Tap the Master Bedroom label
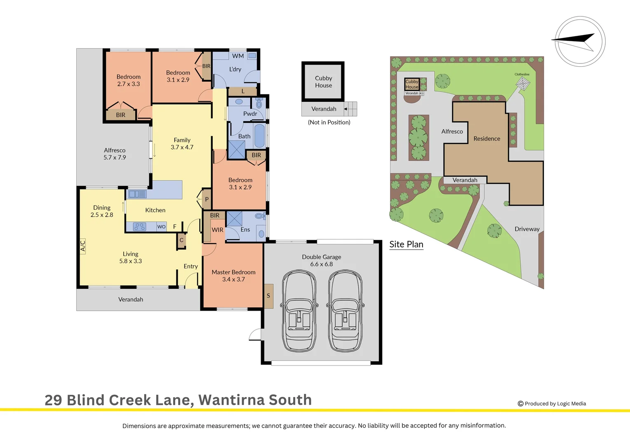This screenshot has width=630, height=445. pyautogui.click(x=233, y=272)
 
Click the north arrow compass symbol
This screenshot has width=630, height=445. pyautogui.click(x=580, y=41)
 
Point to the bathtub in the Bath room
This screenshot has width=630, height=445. pyautogui.click(x=259, y=136)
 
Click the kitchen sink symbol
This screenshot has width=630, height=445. pyautogui.click(x=137, y=194)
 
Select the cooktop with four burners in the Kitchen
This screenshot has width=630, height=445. pyautogui.click(x=140, y=227)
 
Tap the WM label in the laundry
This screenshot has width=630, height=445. pyautogui.click(x=238, y=56)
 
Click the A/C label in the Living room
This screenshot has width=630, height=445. pyautogui.click(x=82, y=246)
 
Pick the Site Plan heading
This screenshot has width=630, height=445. pyautogui.click(x=406, y=244)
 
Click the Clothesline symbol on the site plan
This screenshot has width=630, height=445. pyautogui.click(x=522, y=84)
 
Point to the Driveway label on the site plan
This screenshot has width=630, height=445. pyautogui.click(x=527, y=229)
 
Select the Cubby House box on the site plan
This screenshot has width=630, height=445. pyautogui.click(x=411, y=84)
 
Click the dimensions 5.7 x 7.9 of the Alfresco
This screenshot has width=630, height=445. pyautogui.click(x=115, y=157)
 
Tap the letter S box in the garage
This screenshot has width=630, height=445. pyautogui.click(x=268, y=296)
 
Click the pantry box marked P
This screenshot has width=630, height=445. pyautogui.click(x=207, y=199)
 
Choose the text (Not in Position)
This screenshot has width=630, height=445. pyautogui.click(x=329, y=122)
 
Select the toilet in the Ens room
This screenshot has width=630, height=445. pyautogui.click(x=259, y=216)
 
